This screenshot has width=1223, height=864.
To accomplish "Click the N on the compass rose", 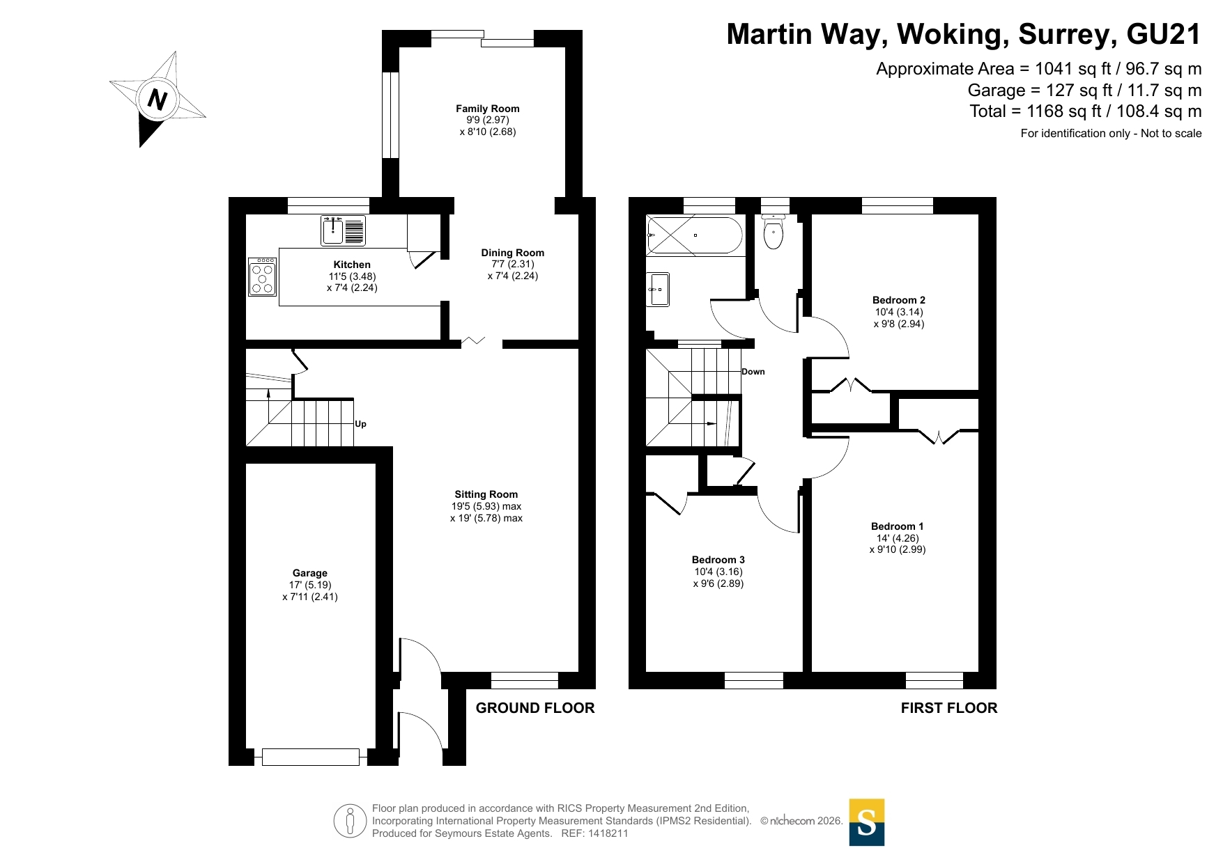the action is tap(157, 100).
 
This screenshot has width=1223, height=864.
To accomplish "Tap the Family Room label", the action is tap(488, 109).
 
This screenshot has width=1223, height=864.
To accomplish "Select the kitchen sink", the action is tap(343, 230).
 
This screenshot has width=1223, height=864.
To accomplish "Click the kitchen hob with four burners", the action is tap(263, 277).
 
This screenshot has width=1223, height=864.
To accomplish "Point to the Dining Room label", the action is tap(513, 253).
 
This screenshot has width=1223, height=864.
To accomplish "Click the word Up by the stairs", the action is tap(360, 424).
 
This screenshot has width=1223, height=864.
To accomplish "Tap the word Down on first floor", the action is tap(753, 372).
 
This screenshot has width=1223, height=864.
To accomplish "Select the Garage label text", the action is tap(310, 573).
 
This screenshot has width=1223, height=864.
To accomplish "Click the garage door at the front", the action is tap(311, 757).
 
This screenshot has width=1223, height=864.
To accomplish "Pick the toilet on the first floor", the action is tap(774, 231).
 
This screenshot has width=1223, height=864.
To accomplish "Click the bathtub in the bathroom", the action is tap(695, 235).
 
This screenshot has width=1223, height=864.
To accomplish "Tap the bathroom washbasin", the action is tap(659, 290).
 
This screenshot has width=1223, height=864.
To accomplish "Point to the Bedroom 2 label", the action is tap(899, 300).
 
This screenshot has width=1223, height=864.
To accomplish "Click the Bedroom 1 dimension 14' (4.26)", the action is tap(898, 538).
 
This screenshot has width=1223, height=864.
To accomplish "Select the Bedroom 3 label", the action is tap(718, 560).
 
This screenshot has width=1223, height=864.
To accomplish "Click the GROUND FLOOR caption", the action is tap(535, 708).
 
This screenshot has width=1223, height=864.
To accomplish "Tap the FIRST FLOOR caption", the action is tap(949, 708).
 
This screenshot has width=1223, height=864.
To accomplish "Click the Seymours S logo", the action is tap(867, 822).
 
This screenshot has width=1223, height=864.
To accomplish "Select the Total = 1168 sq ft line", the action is tap(1086, 111).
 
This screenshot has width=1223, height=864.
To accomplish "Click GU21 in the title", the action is tap(1164, 34).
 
